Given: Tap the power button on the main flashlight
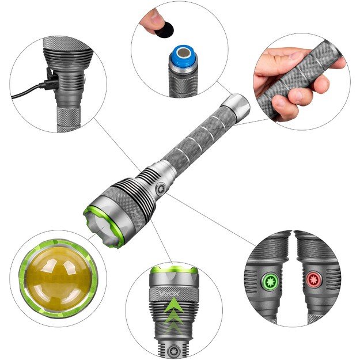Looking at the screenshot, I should pos(160,188).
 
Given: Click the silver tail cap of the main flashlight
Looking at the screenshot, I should pos(236,107).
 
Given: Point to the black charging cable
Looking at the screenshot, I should pos(23,92).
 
